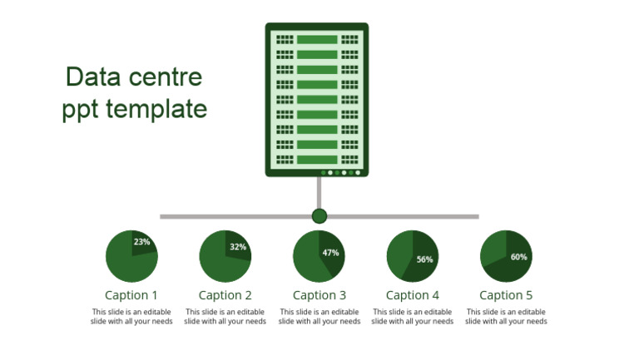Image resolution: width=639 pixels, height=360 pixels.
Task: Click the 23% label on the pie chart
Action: click(142, 242)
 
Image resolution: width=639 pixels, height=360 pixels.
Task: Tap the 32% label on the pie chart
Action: click(238, 247)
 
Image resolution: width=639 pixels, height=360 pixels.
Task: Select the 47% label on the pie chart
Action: click(330, 253)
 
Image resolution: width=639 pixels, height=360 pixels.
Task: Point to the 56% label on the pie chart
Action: click(425, 259)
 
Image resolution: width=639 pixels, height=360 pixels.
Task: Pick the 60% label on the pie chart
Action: click(519, 257)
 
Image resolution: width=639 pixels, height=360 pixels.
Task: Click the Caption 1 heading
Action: click(131, 295)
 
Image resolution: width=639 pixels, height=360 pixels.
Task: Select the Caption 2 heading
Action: click(225, 295)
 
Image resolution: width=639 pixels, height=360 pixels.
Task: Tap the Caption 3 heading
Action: click(319, 295)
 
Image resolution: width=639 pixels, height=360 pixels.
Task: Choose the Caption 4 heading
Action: click(413, 295)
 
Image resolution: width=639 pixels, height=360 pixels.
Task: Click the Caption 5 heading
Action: click(506, 295)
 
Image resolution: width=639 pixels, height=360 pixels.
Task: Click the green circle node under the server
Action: click(319, 216)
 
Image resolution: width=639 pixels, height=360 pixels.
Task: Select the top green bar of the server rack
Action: click(316, 39)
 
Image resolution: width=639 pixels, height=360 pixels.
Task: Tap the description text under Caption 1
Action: click(131, 317)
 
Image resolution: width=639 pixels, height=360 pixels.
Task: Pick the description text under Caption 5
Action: click(506, 317)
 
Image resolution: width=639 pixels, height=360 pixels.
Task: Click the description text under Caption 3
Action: click(319, 317)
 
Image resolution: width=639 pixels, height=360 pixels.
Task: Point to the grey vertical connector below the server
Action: click(319, 193)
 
